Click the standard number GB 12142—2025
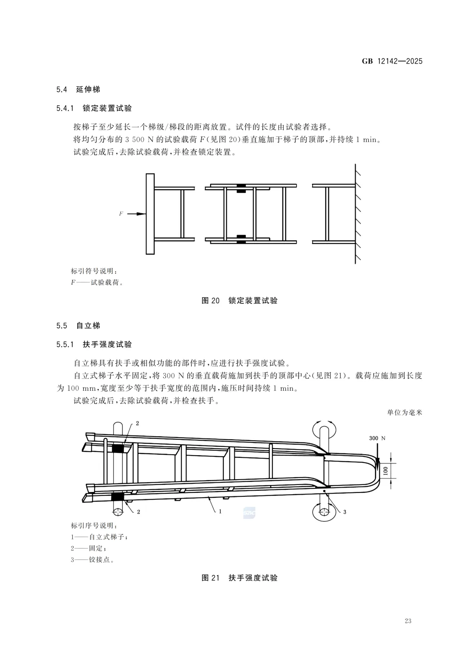[x=392, y=61]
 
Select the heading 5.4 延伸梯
[x=78, y=89]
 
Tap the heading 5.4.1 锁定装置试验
[x=94, y=108]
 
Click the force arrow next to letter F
[x=136, y=214]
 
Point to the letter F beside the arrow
[x=121, y=214]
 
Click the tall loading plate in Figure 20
[x=150, y=214]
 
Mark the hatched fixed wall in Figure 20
[x=358, y=214]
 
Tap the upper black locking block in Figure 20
[x=241, y=189]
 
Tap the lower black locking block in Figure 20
[x=241, y=239]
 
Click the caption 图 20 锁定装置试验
[x=239, y=301]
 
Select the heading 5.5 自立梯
[x=78, y=326]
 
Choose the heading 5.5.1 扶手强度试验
[x=94, y=345]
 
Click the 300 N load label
[x=377, y=438]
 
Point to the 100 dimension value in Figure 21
[x=385, y=470]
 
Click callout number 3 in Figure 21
[x=345, y=512]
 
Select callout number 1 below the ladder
[x=220, y=511]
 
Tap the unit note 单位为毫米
[x=405, y=413]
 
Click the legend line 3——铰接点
[x=92, y=560]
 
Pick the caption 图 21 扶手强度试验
[x=239, y=578]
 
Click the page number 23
[x=408, y=621]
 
